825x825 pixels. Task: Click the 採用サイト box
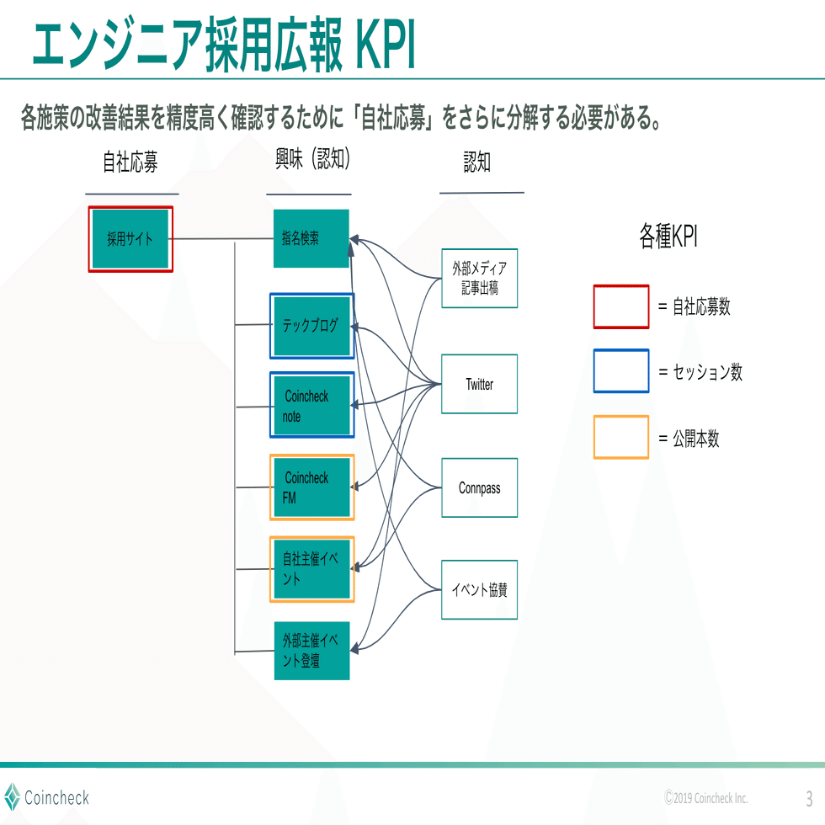(130, 239)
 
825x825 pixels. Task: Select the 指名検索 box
(311, 239)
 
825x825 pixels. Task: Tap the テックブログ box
(311, 325)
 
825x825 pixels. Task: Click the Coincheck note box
(311, 405)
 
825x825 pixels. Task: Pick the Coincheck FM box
(311, 487)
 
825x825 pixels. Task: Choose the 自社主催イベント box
(311, 569)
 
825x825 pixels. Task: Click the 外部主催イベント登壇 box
(311, 651)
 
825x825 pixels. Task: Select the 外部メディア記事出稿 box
(479, 278)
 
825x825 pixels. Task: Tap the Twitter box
(479, 384)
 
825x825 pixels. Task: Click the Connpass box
(479, 487)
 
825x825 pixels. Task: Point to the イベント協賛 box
(479, 589)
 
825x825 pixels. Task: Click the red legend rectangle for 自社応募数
(621, 306)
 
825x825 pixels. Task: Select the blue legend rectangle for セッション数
(621, 371)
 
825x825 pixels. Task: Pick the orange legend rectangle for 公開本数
(621, 437)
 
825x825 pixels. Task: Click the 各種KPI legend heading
(668, 237)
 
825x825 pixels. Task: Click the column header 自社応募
(130, 162)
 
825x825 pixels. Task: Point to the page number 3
(809, 797)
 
